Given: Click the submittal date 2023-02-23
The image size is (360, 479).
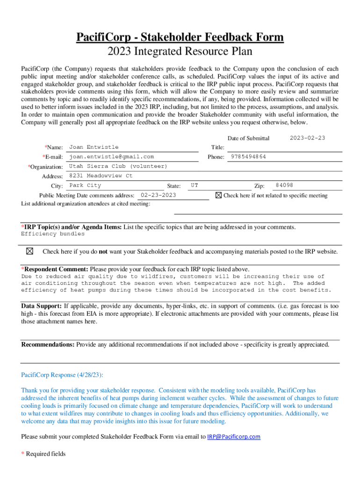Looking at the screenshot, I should point(307,138).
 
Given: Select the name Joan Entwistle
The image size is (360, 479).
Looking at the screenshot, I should point(94,147).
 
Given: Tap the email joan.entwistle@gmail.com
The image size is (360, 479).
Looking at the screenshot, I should point(111,157).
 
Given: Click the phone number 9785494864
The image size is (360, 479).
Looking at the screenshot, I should point(248,157).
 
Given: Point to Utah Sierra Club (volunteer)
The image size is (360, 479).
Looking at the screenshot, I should point(118,167).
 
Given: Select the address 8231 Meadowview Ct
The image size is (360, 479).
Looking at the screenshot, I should point(101,176).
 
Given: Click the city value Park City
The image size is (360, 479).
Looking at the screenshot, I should point(85,186).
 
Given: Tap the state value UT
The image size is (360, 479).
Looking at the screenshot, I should point(194,186).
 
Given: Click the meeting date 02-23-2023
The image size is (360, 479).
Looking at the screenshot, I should point(158,195).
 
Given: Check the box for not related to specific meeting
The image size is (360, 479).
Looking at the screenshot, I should point(218,195).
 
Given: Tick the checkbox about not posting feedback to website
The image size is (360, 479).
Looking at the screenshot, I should point(29,251).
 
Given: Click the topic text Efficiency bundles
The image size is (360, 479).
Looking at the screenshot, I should point(53,234).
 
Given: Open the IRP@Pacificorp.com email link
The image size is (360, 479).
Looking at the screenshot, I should point(234,437).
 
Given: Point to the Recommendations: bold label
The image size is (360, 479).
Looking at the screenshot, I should point(48,345).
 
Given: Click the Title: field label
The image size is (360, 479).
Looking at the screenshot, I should point(217,147).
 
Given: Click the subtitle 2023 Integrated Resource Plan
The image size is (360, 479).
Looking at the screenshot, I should point(180,51).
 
